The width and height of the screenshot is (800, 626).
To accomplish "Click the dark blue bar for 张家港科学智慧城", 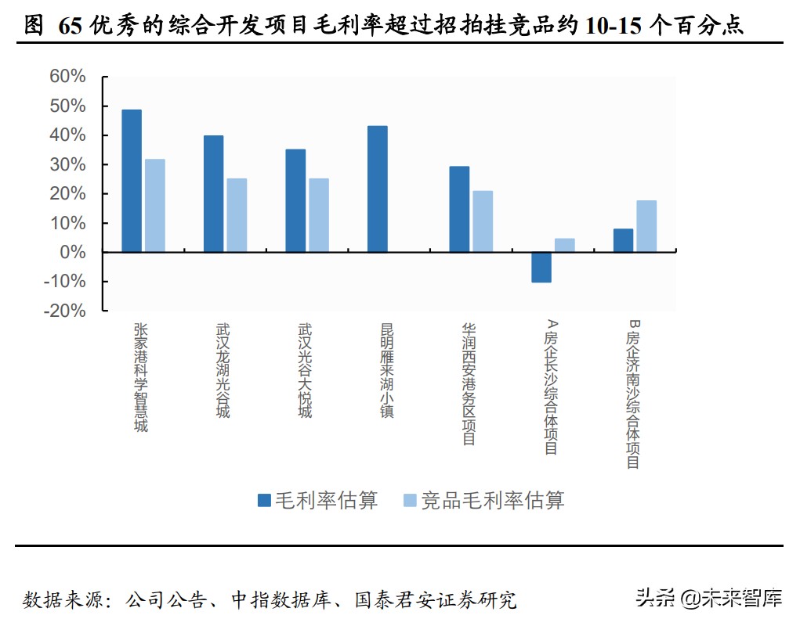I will click(x=132, y=181).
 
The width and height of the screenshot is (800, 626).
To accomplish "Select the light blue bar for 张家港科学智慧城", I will click(x=155, y=206).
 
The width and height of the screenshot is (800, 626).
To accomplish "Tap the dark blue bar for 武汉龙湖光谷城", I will click(x=213, y=194).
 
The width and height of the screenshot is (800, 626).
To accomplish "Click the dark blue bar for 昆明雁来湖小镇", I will click(x=377, y=189).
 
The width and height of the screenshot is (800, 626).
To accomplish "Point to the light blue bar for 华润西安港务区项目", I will click(x=483, y=221).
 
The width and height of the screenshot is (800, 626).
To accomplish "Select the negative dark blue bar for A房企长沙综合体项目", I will click(x=541, y=267).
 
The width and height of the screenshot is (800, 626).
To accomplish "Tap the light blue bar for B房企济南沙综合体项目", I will click(x=646, y=226).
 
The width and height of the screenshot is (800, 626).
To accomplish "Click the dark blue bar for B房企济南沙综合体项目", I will click(x=623, y=240).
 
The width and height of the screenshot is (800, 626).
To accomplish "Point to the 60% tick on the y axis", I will click(x=67, y=77).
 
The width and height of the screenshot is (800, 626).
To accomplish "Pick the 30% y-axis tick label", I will click(x=67, y=164).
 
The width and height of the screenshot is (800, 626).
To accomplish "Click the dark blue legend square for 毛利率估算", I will click(x=265, y=500).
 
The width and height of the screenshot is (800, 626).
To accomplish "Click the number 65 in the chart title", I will click(x=69, y=26).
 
